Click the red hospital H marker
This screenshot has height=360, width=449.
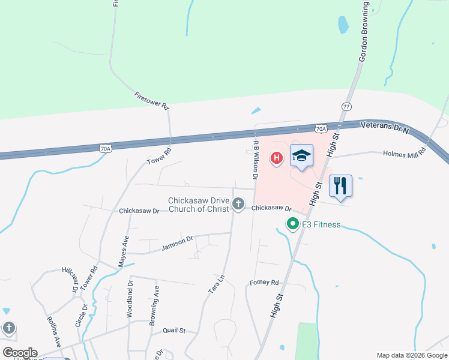point(276,158)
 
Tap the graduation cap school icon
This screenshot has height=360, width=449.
point(302,157)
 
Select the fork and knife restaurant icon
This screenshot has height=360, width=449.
point(340,185)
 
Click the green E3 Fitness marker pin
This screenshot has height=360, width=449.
point(293,224)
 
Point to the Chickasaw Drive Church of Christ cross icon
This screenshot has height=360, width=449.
point(238,205)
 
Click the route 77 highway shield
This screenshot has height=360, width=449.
point(346,106)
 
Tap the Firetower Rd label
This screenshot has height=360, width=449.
point(152,100)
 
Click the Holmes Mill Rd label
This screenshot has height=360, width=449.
point(404,153)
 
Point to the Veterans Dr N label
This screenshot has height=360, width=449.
point(384,127)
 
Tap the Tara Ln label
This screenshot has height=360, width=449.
point(216,284)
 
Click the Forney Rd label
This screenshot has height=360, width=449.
point(265,282)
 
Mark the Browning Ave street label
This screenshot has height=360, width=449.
point(154,313)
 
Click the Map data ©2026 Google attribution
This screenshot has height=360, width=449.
point(411,355)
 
